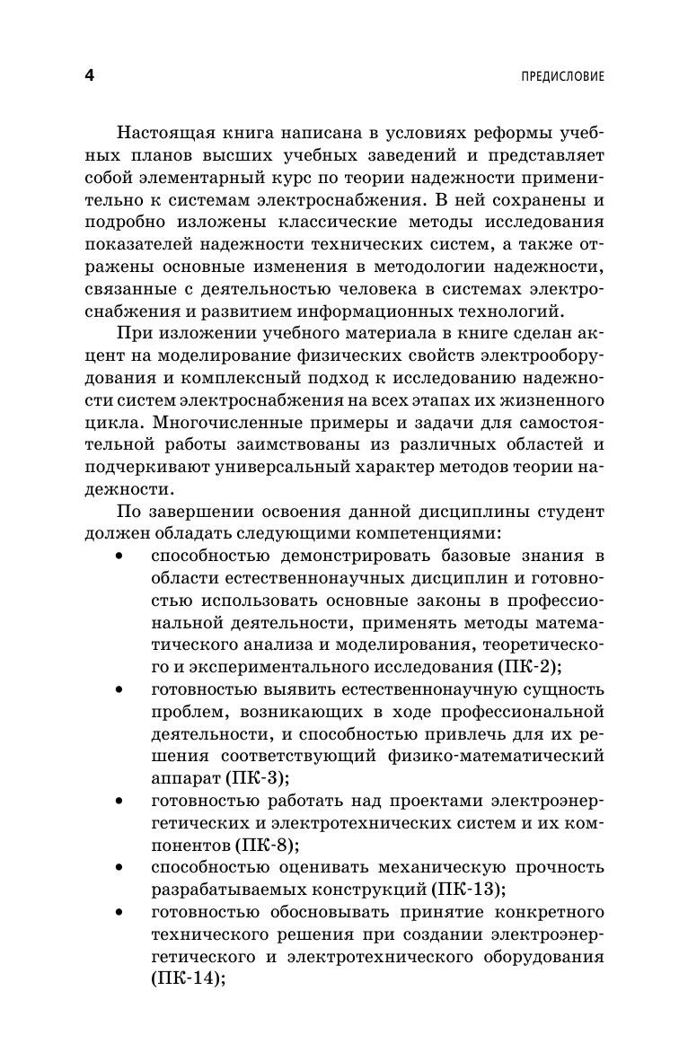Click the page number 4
(89, 76)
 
